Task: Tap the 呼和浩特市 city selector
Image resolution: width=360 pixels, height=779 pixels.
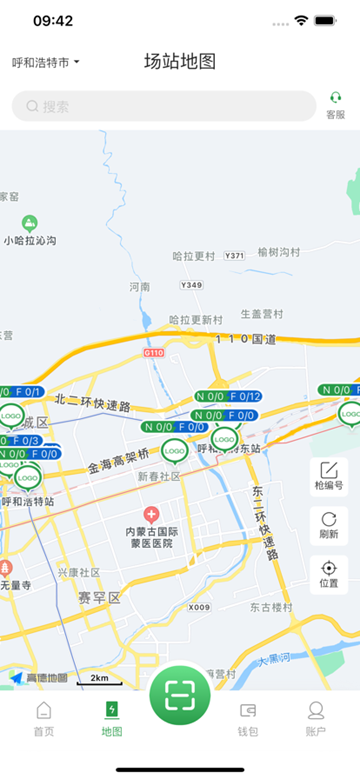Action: [x=45, y=62]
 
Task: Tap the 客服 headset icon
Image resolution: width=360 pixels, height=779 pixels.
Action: [x=336, y=104]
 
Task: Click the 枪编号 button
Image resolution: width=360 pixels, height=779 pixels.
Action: [x=329, y=476]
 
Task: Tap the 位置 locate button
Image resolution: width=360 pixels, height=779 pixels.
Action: [x=329, y=574]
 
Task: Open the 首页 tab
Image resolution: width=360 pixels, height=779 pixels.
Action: [x=44, y=718]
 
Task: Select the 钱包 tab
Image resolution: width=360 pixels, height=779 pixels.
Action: [x=248, y=718]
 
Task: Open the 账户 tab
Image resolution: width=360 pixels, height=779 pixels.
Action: [x=316, y=718]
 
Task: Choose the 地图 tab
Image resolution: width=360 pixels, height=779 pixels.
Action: [x=112, y=718]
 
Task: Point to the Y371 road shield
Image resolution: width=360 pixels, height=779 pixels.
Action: [x=234, y=256]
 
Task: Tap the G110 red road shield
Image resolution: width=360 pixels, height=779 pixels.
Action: [x=153, y=353]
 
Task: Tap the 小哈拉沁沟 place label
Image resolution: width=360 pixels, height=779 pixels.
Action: [x=30, y=240]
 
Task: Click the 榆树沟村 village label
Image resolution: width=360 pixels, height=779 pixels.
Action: [x=278, y=253]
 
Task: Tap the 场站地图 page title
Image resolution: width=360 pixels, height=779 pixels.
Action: [x=180, y=61]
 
